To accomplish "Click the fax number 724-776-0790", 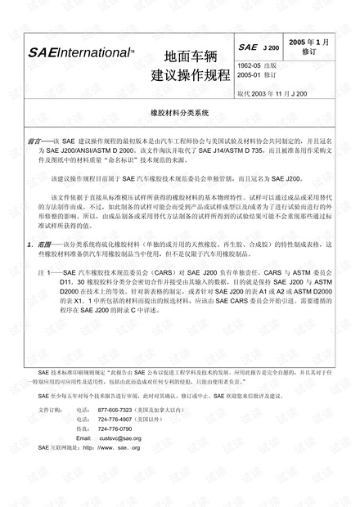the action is pyautogui.click(x=115, y=428).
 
